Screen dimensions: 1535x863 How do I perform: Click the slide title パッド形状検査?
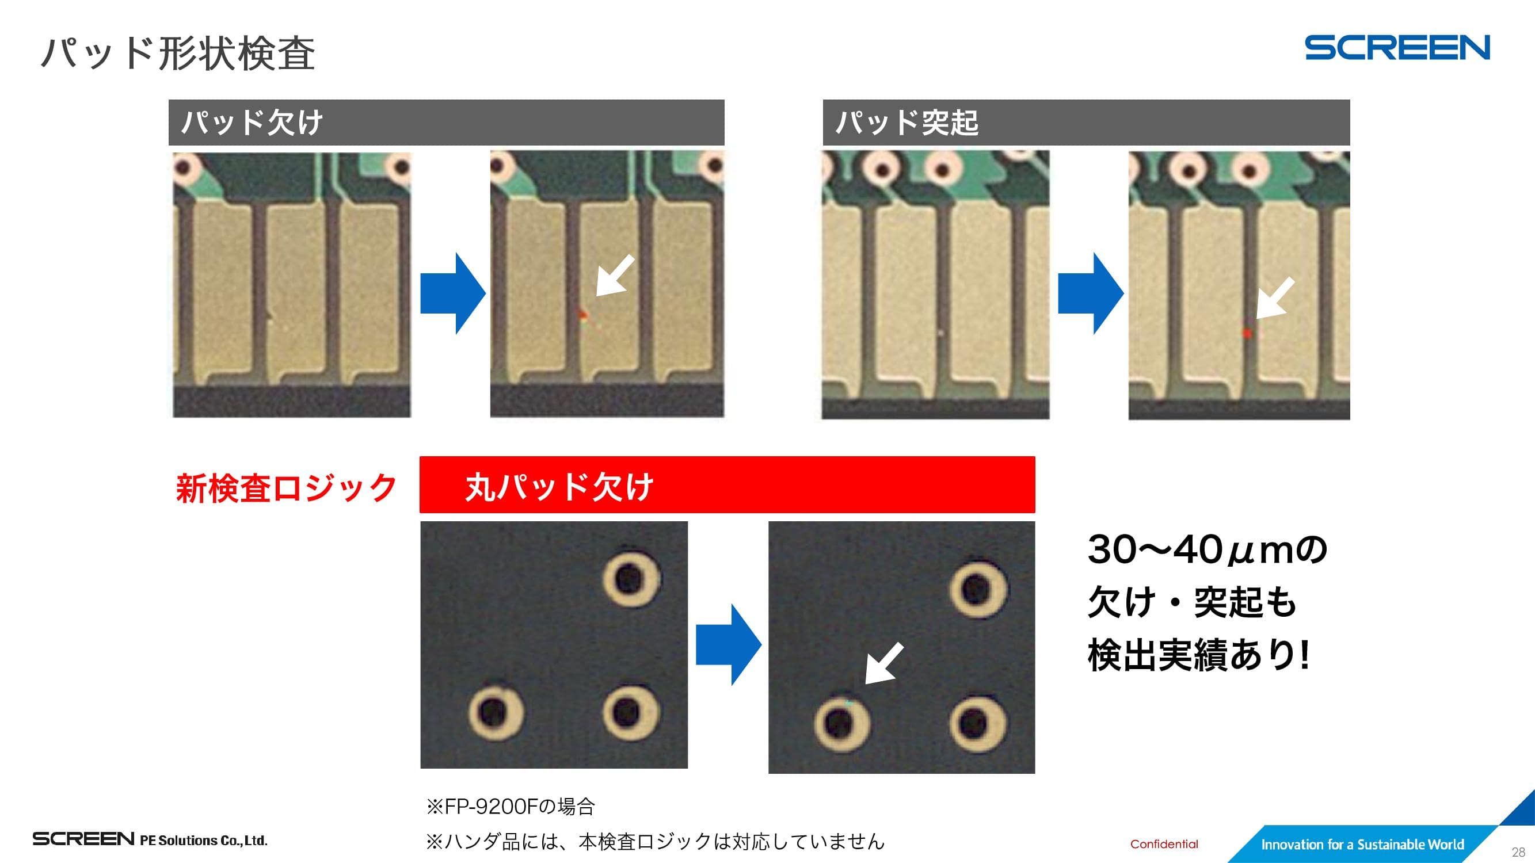point(178,54)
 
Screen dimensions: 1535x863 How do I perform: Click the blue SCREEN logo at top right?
point(1397,48)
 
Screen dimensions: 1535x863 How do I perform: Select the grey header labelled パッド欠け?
point(446,122)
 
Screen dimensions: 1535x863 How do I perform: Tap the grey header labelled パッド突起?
point(1086,122)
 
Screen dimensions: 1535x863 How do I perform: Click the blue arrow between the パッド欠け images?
point(453,293)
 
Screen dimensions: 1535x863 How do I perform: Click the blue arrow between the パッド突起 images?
point(1091,293)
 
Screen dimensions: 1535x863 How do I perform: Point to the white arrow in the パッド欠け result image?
point(615,276)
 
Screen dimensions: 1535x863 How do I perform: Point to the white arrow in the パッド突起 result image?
point(1275,298)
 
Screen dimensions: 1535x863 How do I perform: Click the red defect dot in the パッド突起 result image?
point(1247,334)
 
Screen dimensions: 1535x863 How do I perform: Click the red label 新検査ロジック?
point(286,488)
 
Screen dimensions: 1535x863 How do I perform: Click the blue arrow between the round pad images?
point(729,644)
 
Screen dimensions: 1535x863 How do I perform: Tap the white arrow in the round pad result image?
point(884,663)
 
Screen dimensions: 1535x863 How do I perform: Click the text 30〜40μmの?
point(1208,549)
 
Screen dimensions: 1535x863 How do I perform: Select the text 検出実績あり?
point(1199,655)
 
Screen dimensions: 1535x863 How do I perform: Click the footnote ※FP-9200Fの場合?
point(511,807)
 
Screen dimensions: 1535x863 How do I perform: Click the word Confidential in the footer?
point(1164,844)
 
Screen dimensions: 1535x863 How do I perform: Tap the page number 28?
point(1518,851)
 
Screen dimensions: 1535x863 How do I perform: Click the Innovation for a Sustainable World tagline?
point(1362,845)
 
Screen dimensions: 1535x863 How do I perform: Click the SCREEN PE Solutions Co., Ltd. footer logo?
point(150,840)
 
